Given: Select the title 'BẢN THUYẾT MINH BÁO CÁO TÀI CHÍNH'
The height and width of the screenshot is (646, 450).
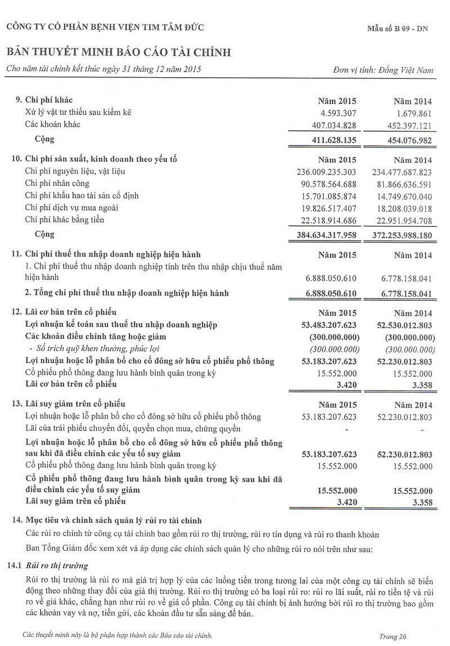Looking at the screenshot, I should pos(119,52).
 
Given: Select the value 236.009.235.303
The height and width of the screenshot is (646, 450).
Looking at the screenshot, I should pos(326,171).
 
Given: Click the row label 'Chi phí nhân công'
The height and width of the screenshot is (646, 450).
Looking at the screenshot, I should pos(57,183).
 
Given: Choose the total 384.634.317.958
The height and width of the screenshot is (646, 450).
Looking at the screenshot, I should pos(326,234).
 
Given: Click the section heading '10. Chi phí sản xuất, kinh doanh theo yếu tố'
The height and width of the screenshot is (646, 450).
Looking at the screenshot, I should pos(94,159).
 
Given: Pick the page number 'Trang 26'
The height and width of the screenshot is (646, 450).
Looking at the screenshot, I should pos(393,636).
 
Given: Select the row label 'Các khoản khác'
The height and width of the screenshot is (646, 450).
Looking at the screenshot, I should pos(53,124).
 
